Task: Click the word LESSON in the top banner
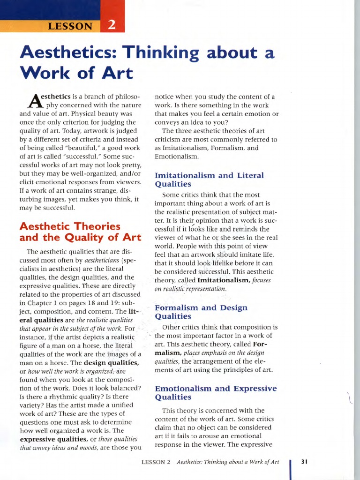pos(70,26)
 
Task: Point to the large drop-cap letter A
pos(29,100)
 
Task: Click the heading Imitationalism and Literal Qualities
pos(209,180)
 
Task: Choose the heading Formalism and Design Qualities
pos(202,312)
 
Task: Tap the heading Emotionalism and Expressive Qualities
pos(216,393)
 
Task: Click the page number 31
pos(304,462)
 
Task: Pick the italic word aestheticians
pos(104,260)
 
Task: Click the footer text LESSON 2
pos(156,462)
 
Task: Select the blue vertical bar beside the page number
pos(292,469)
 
